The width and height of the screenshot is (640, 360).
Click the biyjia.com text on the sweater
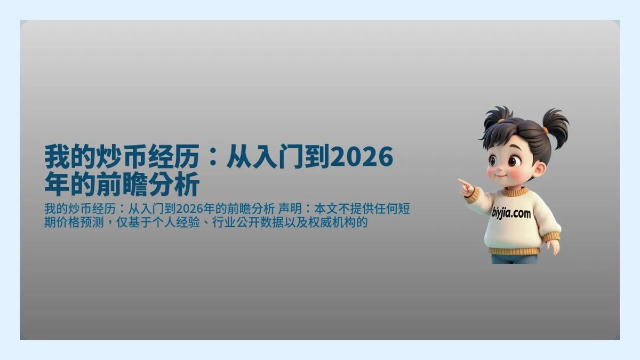(x=511, y=213)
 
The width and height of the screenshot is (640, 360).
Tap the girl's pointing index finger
(x=461, y=182)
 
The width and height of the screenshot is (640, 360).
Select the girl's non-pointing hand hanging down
(x=553, y=246)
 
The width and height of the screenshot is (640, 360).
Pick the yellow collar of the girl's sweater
(x=516, y=191)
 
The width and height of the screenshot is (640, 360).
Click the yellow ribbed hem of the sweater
(x=514, y=251)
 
